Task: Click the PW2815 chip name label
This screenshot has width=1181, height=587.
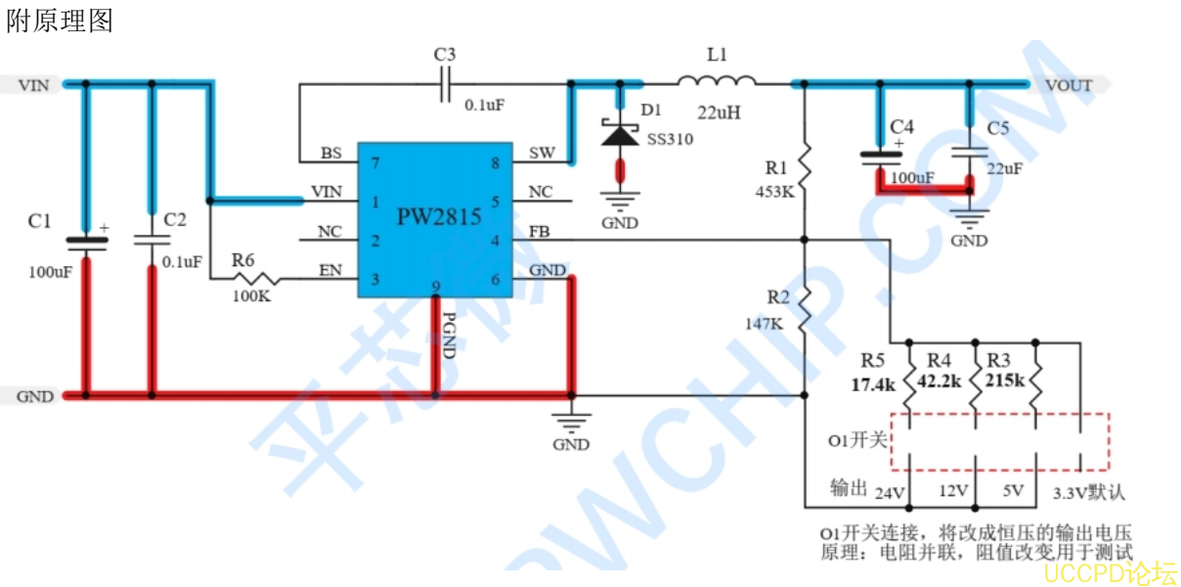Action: coord(439,216)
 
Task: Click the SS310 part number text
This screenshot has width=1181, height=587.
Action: coord(670,139)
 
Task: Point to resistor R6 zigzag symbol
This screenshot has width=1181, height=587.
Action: coord(256,280)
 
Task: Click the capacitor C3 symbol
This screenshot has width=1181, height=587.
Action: coord(446,84)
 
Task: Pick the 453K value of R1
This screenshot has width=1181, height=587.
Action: coord(775,192)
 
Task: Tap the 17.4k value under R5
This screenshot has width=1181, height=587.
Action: coord(873,384)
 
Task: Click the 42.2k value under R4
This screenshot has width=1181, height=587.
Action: coord(940,384)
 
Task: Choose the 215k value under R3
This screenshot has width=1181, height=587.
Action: coord(1004,380)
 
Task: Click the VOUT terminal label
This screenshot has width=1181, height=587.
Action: coord(1069,85)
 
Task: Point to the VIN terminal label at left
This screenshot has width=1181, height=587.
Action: coord(33,85)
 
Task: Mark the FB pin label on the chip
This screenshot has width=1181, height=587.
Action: coord(540,232)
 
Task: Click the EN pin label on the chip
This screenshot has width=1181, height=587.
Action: coord(330,270)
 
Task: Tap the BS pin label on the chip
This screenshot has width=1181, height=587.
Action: coord(330,154)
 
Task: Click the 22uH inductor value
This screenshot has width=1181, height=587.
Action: coord(719,113)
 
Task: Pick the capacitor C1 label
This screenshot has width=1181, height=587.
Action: coord(39,222)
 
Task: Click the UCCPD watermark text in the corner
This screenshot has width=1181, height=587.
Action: coord(1109,571)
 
